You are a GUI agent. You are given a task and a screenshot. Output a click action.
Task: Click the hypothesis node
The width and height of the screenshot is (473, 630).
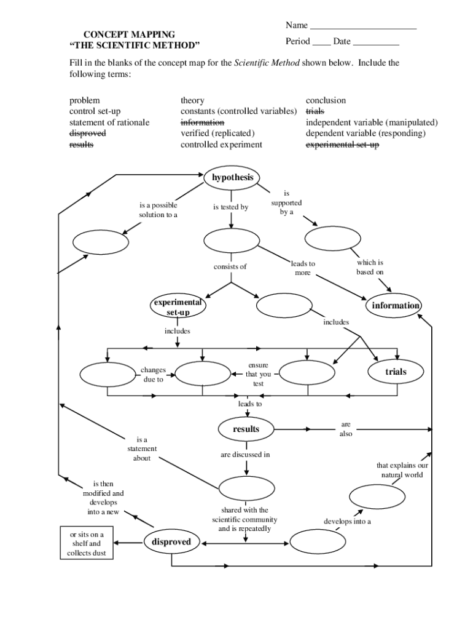tap(233, 177)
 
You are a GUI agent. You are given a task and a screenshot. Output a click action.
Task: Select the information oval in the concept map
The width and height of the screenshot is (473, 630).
tap(396, 306)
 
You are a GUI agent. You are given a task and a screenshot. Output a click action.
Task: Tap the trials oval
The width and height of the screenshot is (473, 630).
tap(396, 372)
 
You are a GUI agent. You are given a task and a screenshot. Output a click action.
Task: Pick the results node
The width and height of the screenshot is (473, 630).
tap(246, 429)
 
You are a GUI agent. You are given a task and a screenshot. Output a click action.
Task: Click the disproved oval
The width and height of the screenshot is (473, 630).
tap(171, 542)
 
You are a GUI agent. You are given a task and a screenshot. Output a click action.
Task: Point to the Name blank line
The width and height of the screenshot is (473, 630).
tap(363, 29)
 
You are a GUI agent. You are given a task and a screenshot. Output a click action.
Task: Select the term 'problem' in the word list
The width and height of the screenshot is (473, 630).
tap(85, 100)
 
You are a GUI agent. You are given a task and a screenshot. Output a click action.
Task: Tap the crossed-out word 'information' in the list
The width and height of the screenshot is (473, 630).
tap(202, 122)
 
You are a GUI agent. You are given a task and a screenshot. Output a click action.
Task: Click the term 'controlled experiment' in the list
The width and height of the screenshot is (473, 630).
tap(221, 145)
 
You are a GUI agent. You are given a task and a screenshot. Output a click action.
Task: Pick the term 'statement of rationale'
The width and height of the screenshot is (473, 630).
tap(109, 122)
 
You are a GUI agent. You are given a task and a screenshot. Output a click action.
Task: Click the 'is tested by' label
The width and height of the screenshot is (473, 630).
tap(230, 207)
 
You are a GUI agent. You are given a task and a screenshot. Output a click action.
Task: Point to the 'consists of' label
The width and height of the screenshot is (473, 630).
tap(230, 266)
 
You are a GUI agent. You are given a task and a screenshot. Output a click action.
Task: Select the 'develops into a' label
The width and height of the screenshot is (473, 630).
tap(348, 522)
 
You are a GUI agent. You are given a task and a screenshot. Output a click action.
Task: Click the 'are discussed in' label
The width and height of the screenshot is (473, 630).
tap(245, 455)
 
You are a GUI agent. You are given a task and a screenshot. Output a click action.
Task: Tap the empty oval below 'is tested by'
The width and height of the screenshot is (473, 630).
tap(228, 241)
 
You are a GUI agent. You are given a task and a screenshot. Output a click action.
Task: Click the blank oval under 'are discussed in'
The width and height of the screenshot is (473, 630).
tap(246, 488)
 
